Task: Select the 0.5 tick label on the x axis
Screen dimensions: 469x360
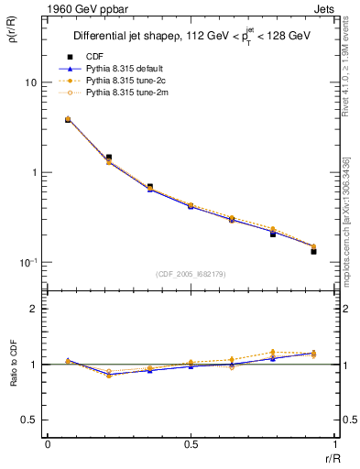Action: (x=191, y=444)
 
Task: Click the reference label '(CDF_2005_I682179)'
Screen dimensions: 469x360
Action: (x=191, y=274)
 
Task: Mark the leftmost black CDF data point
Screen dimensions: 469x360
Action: (x=68, y=120)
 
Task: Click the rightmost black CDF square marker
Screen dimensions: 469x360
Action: (x=313, y=250)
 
